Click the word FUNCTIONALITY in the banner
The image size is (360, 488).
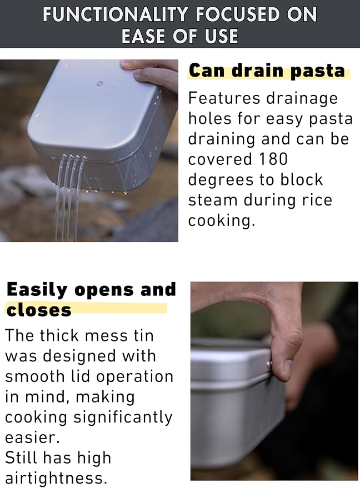tap(115, 14)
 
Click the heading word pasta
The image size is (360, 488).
tap(317, 71)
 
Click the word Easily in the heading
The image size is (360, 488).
tap(37, 290)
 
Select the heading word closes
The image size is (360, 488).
tap(39, 310)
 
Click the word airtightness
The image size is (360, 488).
tap(56, 479)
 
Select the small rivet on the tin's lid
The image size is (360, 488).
tap(269, 363)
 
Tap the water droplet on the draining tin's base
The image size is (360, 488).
tap(100, 84)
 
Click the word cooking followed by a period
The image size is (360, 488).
tap(222, 220)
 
